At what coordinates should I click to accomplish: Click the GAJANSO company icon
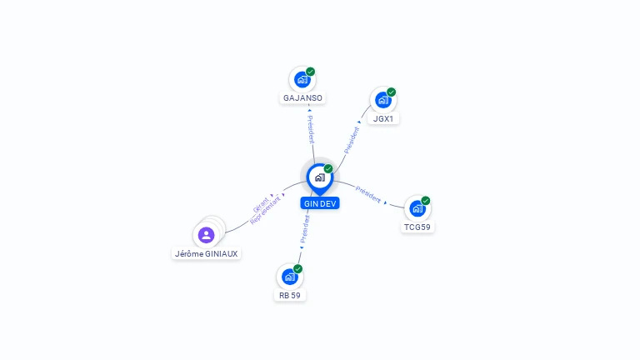coord(302,80)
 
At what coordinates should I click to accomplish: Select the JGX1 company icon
coord(382,100)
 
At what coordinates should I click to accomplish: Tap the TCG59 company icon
coord(417,208)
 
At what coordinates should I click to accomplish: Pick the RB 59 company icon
coord(289,277)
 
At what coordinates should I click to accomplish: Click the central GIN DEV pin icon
coord(319,177)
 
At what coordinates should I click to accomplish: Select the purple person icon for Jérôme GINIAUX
coord(207,235)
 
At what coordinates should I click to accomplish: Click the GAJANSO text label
coord(302,97)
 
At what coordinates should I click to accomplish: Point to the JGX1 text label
coord(383,118)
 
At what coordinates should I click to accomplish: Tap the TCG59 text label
coord(417,227)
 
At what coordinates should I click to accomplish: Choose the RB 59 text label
coord(290,295)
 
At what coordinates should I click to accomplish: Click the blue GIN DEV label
coord(320,203)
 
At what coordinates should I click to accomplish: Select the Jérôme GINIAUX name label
coord(207,253)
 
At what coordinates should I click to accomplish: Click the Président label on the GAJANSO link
coord(310,125)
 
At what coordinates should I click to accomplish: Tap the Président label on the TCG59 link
coord(368,194)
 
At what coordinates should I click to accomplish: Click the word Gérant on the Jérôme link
coord(261,203)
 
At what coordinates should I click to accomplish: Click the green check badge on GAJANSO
coord(310,72)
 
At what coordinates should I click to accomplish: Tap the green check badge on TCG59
coord(425,201)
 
